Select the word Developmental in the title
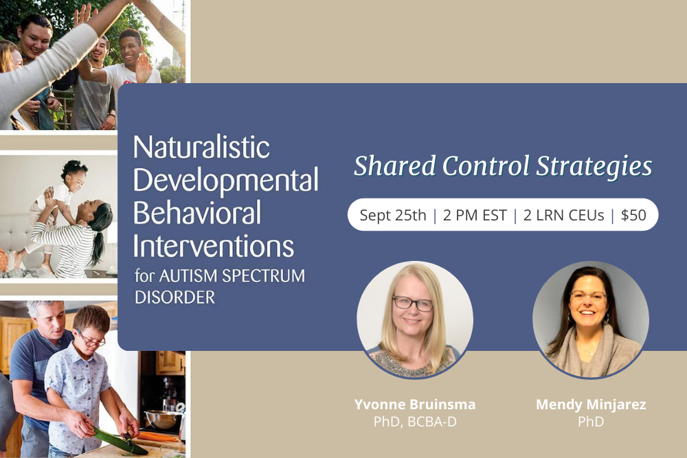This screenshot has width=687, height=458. (x=225, y=181)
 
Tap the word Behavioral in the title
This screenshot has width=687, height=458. (x=196, y=213)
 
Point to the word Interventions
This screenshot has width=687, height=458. (x=213, y=245)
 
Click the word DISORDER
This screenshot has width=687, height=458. (x=174, y=297)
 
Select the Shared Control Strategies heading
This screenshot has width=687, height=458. (x=502, y=166)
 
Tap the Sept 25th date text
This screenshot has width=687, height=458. (x=392, y=215)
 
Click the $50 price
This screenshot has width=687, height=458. (x=633, y=215)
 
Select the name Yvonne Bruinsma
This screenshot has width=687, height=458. (x=415, y=404)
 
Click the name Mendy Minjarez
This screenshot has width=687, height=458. (x=590, y=404)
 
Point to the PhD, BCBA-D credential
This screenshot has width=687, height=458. (x=415, y=422)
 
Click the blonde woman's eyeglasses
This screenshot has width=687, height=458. (x=413, y=303)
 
